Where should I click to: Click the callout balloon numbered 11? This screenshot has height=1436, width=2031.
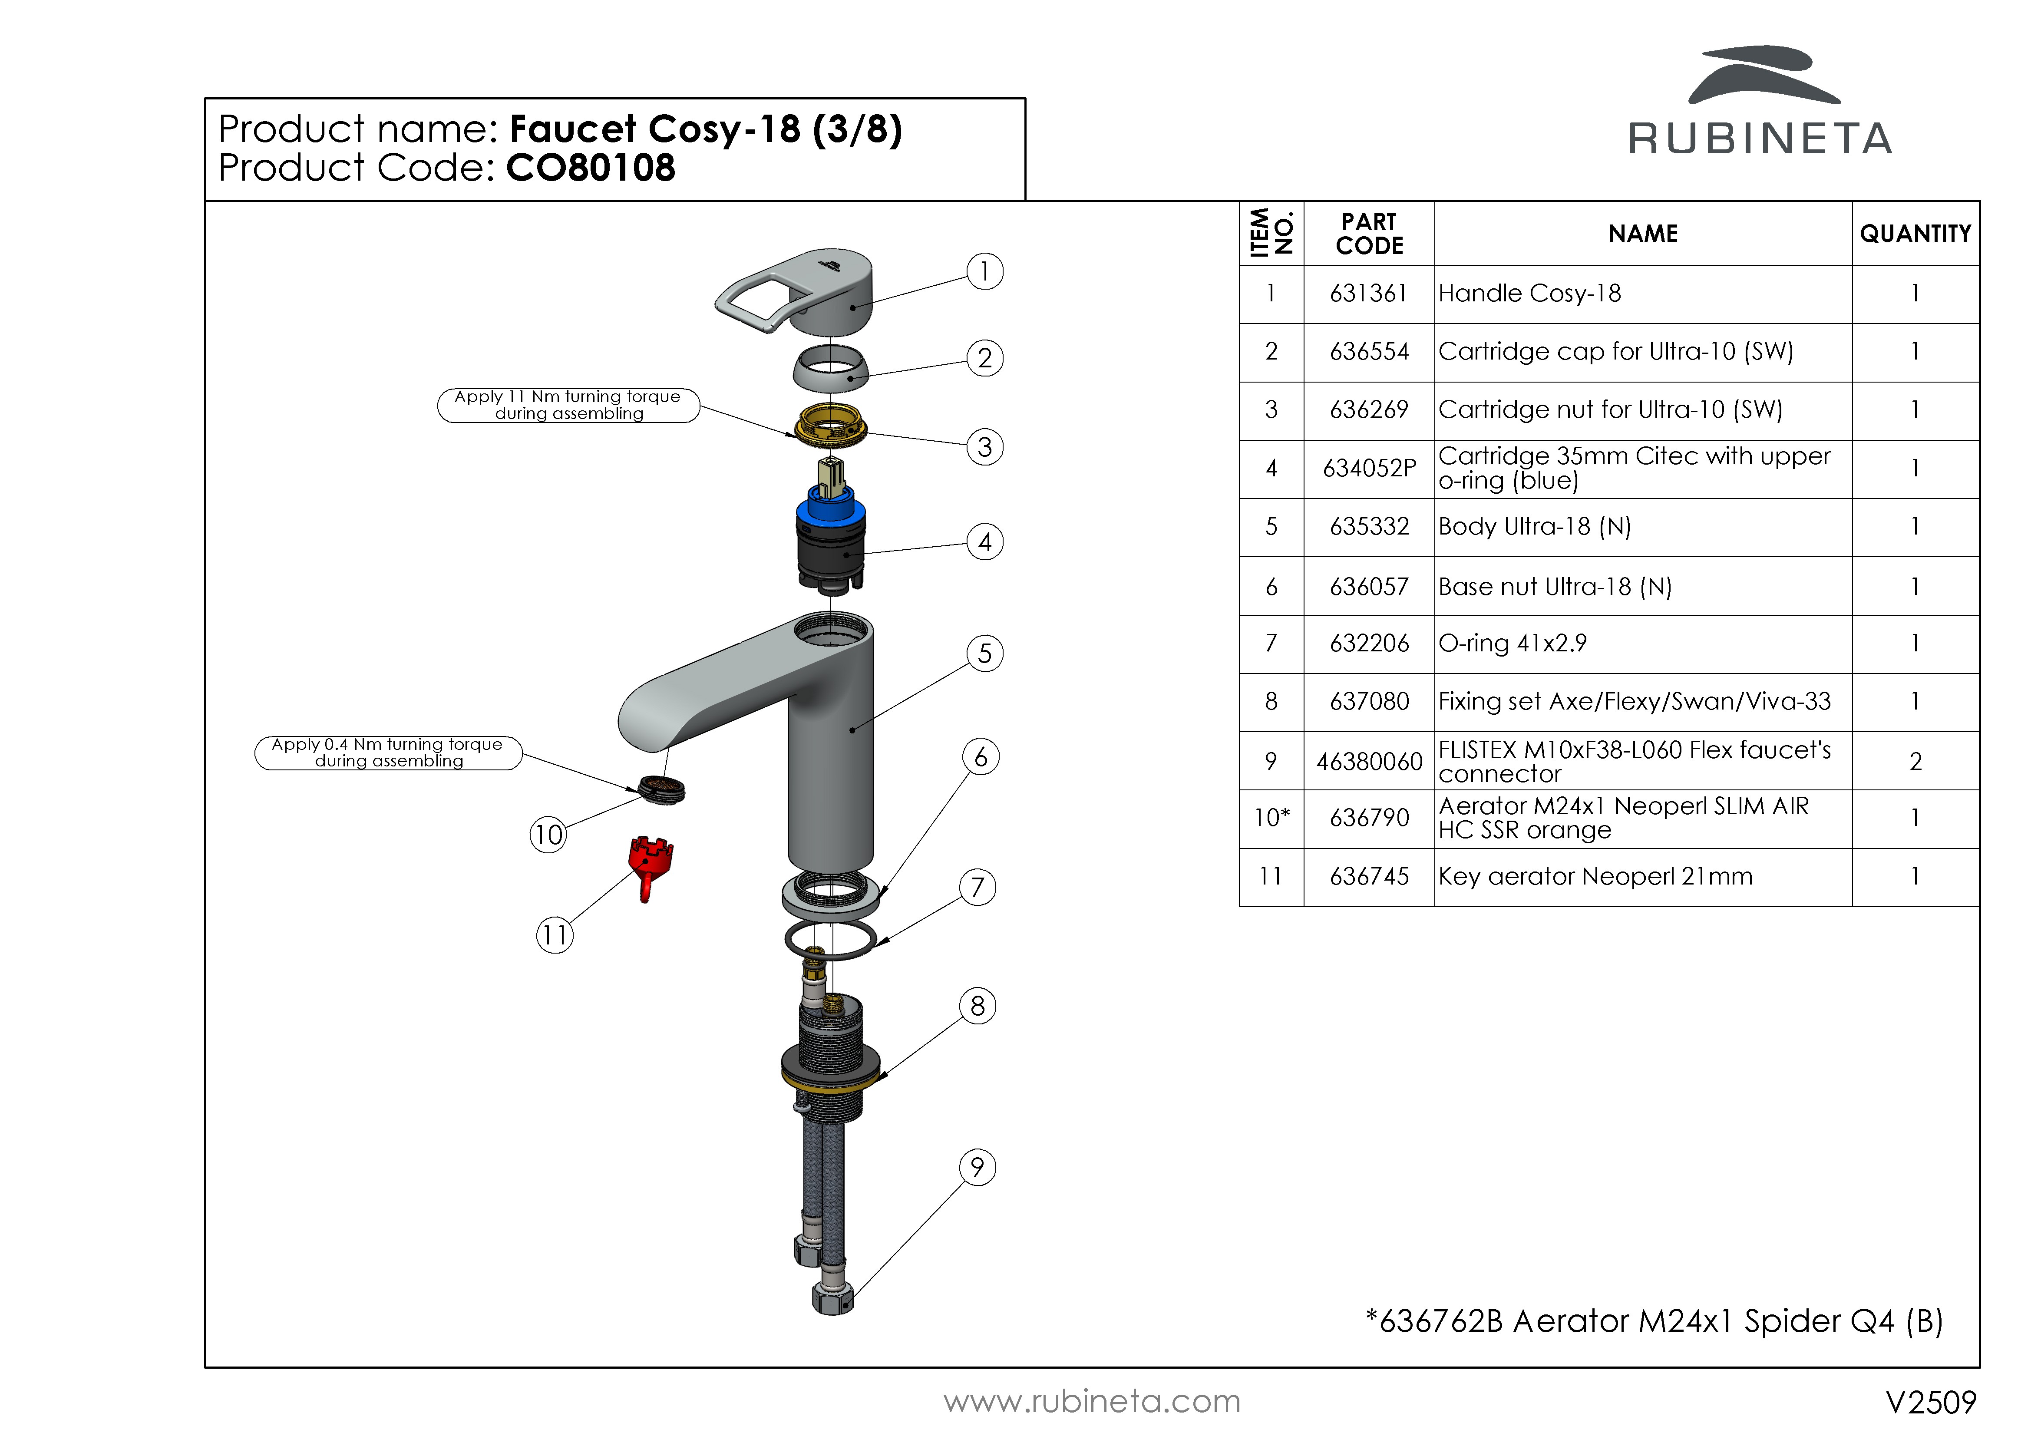555,935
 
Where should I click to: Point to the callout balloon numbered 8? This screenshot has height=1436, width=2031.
978,1006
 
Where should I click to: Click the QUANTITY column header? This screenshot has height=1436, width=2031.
1915,234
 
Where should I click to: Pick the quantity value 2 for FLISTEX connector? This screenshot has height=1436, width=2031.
1915,761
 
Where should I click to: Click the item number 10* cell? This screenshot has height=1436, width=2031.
1271,818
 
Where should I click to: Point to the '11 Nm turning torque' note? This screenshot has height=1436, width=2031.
568,405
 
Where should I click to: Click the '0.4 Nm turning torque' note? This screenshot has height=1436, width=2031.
387,753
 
